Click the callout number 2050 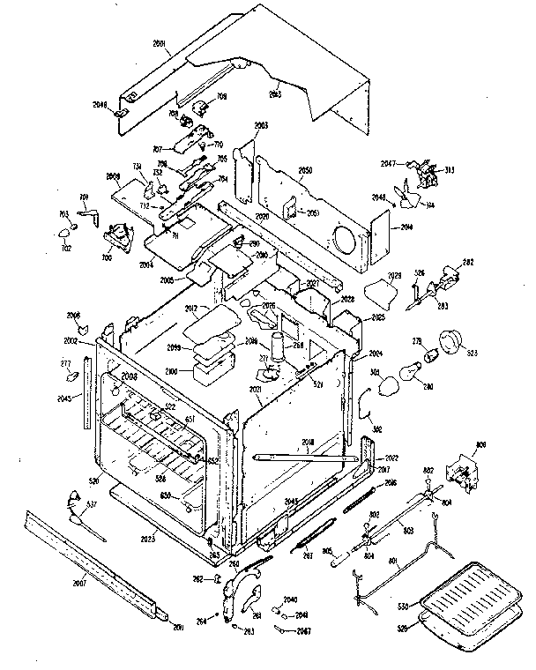[x=306, y=170]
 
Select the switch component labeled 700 [x=114, y=235]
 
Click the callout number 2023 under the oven [x=148, y=537]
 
